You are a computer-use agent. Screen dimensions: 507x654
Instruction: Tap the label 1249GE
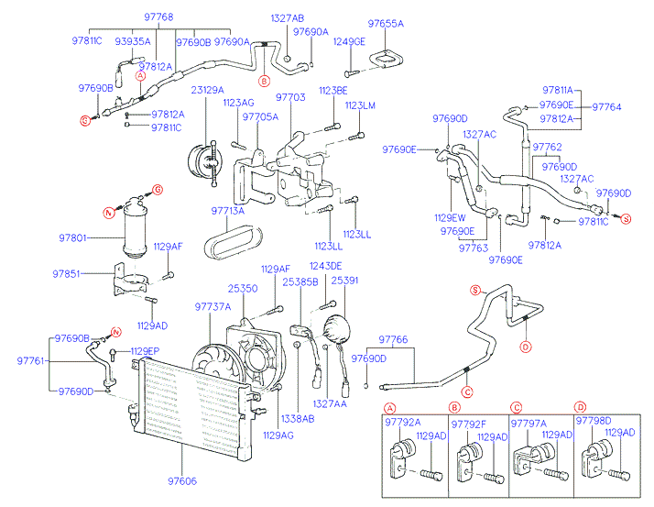pyautogui.click(x=349, y=41)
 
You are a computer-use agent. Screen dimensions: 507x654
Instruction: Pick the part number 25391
pyautogui.click(x=345, y=281)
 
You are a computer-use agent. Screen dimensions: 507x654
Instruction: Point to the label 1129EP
pyautogui.click(x=144, y=351)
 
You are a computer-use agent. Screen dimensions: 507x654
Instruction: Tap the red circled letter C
pyautogui.click(x=467, y=392)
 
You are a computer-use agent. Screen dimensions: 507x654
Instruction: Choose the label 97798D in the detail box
pyautogui.click(x=593, y=421)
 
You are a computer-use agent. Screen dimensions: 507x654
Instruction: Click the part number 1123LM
pyautogui.click(x=361, y=106)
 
